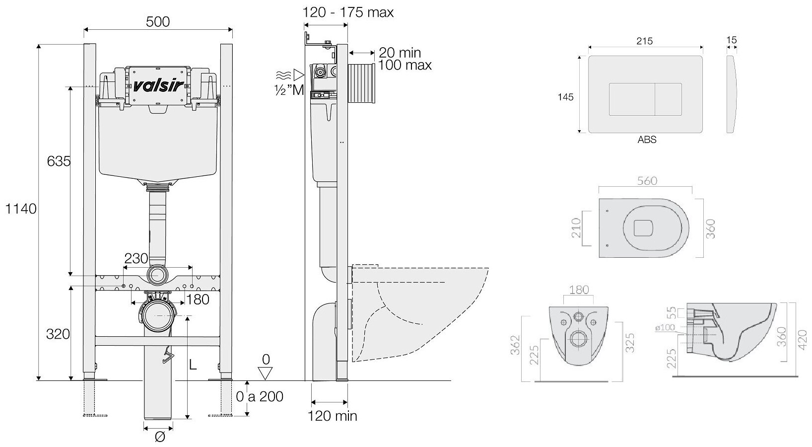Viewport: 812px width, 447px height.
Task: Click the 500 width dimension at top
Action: [158, 22]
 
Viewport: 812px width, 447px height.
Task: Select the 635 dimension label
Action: [59, 161]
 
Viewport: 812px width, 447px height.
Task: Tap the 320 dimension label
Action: [58, 334]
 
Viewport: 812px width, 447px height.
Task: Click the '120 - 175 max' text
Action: [348, 12]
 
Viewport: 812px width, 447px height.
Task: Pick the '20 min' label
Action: [400, 52]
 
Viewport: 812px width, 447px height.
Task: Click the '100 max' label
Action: [405, 65]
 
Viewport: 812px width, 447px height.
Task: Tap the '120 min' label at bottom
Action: [332, 416]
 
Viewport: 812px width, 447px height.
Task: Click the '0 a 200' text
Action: [260, 396]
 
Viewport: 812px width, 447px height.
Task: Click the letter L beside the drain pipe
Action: [193, 365]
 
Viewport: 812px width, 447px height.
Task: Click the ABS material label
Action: [647, 140]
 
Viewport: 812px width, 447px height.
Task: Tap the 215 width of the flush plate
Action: [645, 41]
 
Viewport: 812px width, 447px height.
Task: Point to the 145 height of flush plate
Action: [565, 97]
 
